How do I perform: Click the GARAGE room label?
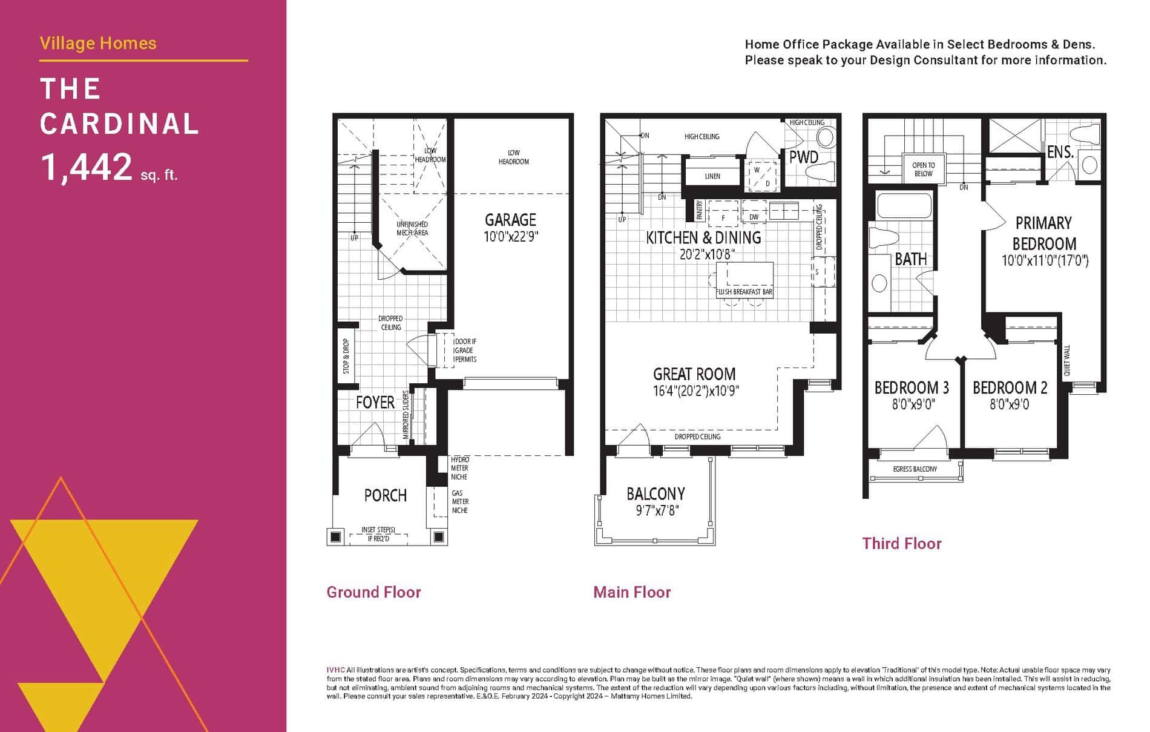(x=510, y=220)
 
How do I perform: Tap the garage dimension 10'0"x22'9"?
(x=510, y=237)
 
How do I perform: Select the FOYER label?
(x=375, y=402)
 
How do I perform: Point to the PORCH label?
(x=385, y=495)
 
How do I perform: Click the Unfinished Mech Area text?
(x=412, y=228)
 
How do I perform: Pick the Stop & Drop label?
(x=346, y=356)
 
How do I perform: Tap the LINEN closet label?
(x=712, y=176)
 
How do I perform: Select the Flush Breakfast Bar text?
(x=744, y=292)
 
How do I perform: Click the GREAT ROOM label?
(x=694, y=374)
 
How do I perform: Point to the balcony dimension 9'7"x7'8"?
(x=655, y=511)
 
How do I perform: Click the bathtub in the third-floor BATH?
(x=904, y=206)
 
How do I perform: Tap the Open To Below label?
(x=923, y=170)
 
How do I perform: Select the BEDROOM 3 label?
(x=912, y=387)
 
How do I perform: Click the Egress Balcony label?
(x=915, y=469)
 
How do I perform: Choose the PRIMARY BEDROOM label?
(x=1044, y=233)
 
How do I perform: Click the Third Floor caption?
(x=901, y=544)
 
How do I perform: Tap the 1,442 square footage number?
(x=86, y=167)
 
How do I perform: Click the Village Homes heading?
(x=98, y=44)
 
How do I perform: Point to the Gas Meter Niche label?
(x=459, y=502)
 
